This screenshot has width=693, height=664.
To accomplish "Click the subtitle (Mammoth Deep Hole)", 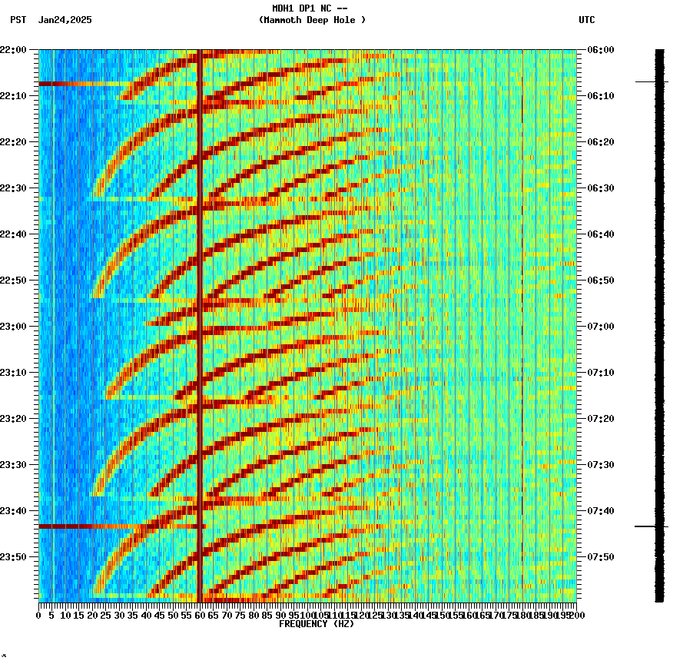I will (x=312, y=20).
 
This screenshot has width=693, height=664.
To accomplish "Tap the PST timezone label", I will (x=18, y=20).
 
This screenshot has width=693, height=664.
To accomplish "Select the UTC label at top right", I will (x=586, y=20).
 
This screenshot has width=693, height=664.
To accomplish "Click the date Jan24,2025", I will (x=65, y=20).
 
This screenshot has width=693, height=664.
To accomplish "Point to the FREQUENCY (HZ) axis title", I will (x=316, y=624).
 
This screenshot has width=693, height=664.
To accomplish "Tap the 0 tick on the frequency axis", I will (x=39, y=615).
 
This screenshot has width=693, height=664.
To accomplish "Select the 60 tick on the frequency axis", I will (x=201, y=615).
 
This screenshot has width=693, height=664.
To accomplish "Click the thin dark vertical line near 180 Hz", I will (x=522, y=307).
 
